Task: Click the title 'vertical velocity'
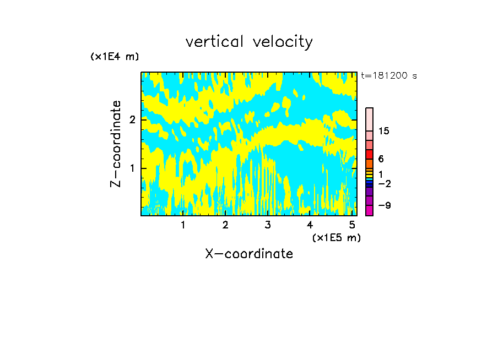coord(249,42)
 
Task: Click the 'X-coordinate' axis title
coord(249,254)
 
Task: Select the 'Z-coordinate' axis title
coord(116,144)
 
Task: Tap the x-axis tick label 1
coord(183,225)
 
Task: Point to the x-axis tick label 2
coord(225,225)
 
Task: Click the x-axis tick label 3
coord(268,225)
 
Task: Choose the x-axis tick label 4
coord(310,225)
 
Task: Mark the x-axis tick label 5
coord(352,225)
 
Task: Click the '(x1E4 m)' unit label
coord(115,57)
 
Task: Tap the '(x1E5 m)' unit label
coord(336,237)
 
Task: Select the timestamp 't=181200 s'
coord(388,75)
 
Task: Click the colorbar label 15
coord(384,131)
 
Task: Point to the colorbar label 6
coord(381,159)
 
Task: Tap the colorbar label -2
coord(384,183)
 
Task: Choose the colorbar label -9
coord(384,205)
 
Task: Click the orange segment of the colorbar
coord(369,163)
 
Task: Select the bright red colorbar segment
coord(369,154)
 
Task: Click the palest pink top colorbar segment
coord(369,119)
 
